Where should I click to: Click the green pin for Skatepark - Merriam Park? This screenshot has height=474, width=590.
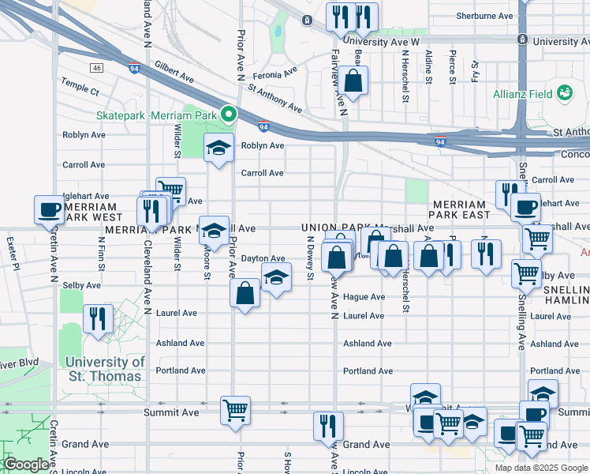pos(229,115)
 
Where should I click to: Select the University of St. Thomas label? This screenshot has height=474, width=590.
pos(105,369)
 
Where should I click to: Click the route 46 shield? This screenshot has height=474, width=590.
pos(97,69)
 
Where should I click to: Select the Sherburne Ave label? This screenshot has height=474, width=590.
pos(487,16)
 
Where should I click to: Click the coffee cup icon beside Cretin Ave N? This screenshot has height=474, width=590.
pos(49,210)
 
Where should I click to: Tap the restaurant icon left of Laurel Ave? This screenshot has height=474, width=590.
pos(98,318)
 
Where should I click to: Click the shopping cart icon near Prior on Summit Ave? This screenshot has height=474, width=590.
pos(235,410)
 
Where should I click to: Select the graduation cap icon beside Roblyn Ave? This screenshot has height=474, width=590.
pos(218,147)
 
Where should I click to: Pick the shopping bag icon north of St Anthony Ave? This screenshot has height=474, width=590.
pos(354,80)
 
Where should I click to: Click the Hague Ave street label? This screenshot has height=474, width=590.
pos(364,297)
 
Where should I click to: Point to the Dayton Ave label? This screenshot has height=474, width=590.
pos(263,258)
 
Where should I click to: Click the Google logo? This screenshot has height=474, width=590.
pos(26,465)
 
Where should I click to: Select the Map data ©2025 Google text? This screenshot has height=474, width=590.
pos(541,468)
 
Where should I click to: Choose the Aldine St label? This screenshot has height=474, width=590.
pos(428,66)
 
